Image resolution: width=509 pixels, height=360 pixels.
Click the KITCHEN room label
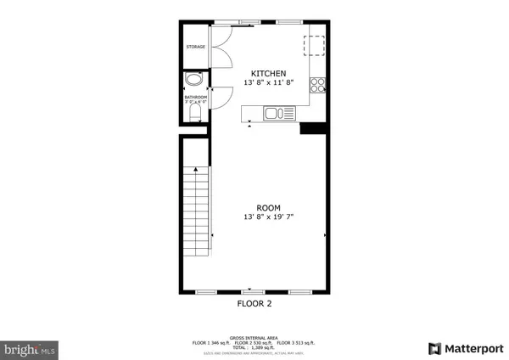(267, 73)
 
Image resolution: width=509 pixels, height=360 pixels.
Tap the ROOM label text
(267, 207)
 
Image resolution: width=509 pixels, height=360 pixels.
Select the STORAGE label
(196, 47)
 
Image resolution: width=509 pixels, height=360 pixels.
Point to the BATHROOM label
(196, 97)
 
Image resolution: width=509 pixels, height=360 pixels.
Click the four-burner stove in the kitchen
(318, 84)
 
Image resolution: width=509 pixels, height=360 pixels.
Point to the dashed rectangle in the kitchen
(316, 46)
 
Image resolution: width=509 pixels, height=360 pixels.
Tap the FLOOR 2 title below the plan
(255, 303)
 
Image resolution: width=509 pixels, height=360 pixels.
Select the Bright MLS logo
(31, 348)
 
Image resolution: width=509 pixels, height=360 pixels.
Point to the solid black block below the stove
(314, 128)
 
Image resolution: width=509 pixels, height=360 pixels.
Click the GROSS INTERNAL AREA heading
(255, 336)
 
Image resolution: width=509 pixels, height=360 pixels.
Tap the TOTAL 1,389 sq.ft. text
(255, 346)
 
